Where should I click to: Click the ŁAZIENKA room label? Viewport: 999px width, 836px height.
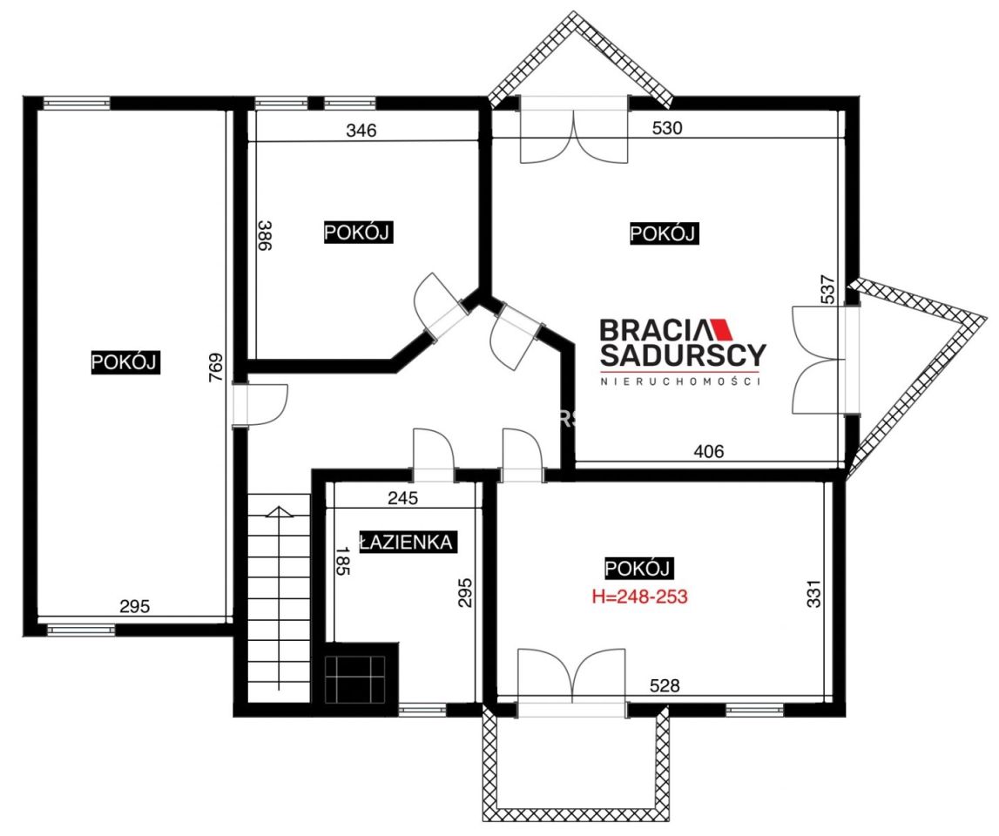click(407, 542)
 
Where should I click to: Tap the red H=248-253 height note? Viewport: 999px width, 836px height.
click(639, 597)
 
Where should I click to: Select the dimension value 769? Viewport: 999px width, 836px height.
click(216, 367)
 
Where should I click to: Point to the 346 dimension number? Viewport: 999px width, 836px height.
click(361, 130)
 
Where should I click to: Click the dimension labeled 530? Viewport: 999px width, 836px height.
click(667, 127)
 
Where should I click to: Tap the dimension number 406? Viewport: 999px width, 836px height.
click(708, 451)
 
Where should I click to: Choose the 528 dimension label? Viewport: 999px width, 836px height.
click(665, 685)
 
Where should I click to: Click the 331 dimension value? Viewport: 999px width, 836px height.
click(814, 592)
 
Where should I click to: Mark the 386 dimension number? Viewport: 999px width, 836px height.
click(265, 235)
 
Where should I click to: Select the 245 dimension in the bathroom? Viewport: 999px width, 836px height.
click(402, 497)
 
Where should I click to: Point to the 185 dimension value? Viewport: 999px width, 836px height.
click(343, 561)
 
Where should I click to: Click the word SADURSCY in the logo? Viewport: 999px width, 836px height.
click(682, 355)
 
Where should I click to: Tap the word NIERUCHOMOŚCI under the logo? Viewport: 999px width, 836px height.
click(681, 381)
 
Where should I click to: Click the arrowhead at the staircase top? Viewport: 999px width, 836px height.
click(278, 511)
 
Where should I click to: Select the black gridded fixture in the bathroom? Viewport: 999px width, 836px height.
click(361, 673)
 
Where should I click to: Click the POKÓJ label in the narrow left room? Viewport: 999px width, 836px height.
click(125, 362)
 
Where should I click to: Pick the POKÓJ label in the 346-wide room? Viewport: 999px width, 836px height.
click(357, 232)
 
